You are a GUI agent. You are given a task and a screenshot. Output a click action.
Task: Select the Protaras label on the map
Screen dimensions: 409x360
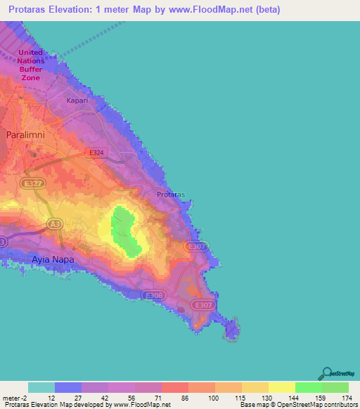[x=170, y=195]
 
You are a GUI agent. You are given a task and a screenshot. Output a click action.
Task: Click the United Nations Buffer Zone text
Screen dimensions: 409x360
[x=30, y=65]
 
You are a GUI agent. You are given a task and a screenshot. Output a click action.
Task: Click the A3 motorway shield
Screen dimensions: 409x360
[x=54, y=223]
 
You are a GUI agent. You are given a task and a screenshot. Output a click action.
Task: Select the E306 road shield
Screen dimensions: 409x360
[x=153, y=296]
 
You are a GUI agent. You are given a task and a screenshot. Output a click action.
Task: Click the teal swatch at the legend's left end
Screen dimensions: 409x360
[x=41, y=387]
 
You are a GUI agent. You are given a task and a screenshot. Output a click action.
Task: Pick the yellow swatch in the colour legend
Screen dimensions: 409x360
[x=282, y=387]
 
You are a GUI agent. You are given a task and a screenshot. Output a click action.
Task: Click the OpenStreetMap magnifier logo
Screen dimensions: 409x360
[x=326, y=373]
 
